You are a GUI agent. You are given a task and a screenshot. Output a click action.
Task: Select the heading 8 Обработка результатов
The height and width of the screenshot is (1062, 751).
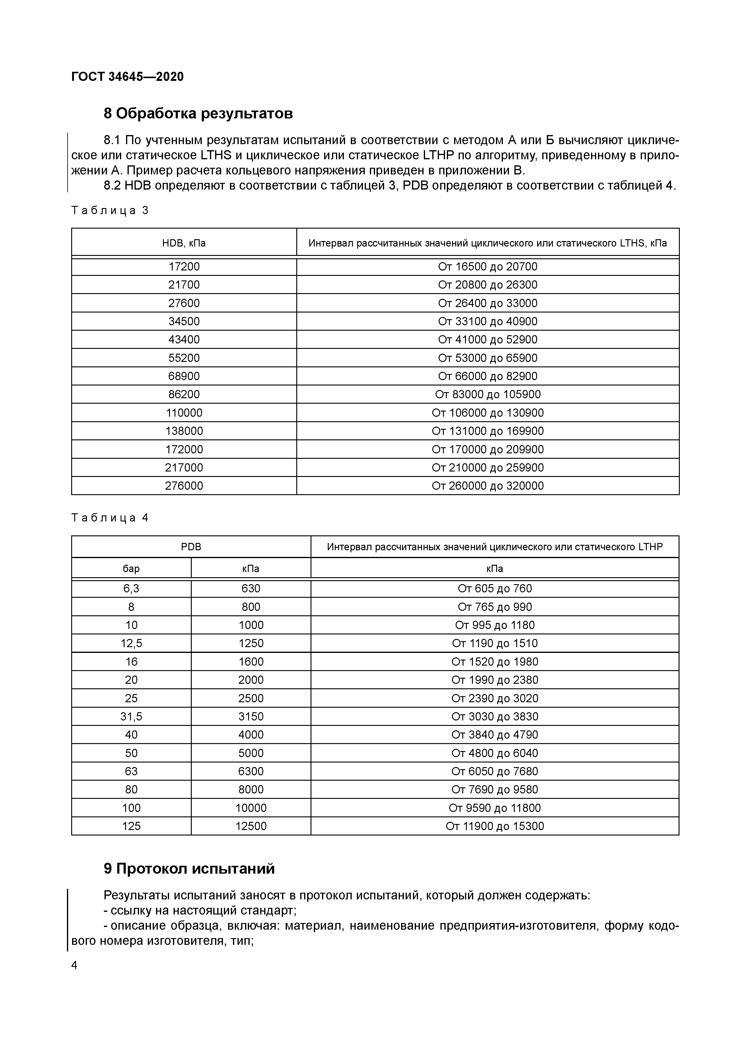[x=198, y=113]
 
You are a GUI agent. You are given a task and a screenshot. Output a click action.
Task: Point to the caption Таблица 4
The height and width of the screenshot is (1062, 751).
[x=110, y=518]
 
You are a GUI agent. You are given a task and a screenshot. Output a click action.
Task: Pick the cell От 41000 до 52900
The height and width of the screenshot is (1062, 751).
[x=488, y=339]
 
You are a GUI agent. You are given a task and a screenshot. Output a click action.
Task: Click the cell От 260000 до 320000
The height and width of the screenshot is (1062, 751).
[x=488, y=486]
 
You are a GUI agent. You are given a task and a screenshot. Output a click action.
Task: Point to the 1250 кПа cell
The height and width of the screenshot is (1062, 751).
[x=251, y=643]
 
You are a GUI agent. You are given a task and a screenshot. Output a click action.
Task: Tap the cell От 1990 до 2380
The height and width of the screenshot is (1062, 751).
[x=495, y=680]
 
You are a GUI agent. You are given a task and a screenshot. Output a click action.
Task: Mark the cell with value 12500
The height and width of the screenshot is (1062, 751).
[x=251, y=826]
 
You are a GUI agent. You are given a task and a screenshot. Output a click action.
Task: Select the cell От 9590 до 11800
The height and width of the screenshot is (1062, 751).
[x=495, y=808]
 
